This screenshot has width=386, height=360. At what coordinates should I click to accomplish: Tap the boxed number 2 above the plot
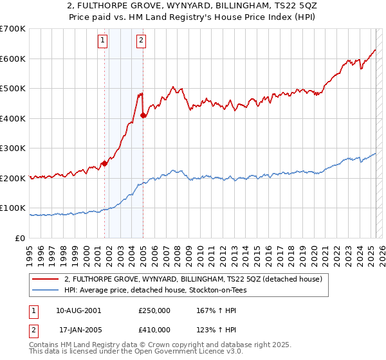[x=141, y=42]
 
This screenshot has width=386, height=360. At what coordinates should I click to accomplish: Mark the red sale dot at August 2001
[x=104, y=163]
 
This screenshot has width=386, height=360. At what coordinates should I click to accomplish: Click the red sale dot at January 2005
[x=143, y=116]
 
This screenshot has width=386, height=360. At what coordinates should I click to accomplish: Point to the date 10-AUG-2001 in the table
[x=79, y=310]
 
